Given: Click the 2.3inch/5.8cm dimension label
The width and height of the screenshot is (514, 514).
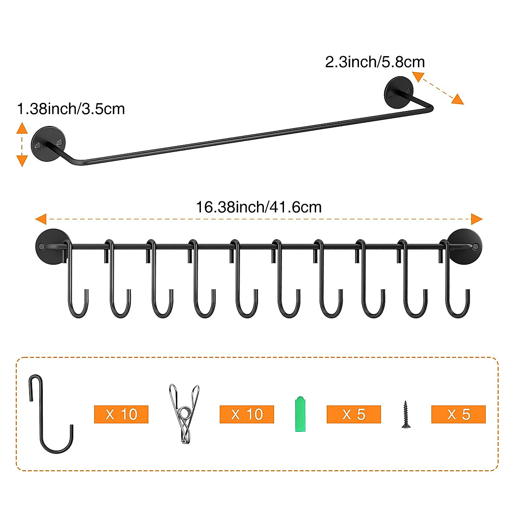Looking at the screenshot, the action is (x=375, y=62).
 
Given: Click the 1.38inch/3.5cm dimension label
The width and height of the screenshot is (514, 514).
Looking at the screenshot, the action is (x=71, y=109).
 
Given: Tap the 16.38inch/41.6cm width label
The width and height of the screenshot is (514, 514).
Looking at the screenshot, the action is (x=259, y=207).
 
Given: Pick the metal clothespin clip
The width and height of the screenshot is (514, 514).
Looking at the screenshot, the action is (x=184, y=413).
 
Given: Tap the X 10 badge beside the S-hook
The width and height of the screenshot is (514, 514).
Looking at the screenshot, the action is (x=121, y=414).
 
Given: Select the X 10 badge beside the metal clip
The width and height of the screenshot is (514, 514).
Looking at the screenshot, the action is (x=247, y=414).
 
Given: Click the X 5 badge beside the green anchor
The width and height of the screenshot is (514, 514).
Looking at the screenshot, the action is (x=354, y=414).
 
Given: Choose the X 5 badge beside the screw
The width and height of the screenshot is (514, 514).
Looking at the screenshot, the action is (x=458, y=414).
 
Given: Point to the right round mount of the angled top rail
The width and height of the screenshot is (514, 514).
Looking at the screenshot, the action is (x=399, y=92).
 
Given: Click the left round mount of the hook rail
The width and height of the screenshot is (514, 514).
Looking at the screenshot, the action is (x=52, y=246).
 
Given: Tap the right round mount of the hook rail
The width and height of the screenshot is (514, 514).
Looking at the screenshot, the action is (x=466, y=246).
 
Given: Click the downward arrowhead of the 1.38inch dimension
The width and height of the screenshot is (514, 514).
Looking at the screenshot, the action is (x=22, y=161).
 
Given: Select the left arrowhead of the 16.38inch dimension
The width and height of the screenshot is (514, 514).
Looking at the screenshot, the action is (x=41, y=219).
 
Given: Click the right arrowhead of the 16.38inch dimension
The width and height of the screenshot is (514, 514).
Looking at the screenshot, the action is (x=476, y=219).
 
